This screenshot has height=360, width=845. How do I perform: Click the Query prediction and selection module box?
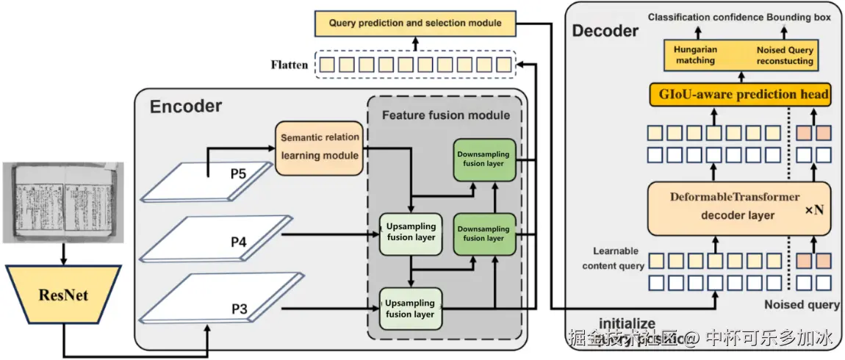coord(415,24)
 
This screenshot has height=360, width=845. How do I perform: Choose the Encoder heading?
coord(186,107)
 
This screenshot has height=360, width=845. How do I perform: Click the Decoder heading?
coord(605,31)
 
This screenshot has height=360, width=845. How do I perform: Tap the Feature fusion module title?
coord(446,115)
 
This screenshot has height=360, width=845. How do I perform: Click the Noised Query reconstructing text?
coord(785,55)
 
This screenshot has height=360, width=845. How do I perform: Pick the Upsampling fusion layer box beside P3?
coord(411,309)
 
